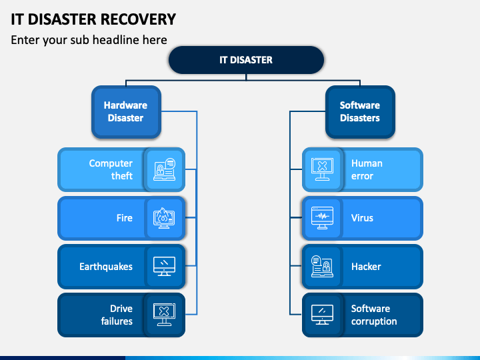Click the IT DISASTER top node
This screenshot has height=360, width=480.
pos(246,60)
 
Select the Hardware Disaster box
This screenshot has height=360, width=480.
pos(126,112)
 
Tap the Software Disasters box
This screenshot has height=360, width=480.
pos(360,112)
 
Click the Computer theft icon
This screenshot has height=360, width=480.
pos(165,169)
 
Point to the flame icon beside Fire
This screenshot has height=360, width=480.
pos(164,218)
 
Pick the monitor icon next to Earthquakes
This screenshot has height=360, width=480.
pos(165,266)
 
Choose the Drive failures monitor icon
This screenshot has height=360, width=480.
pos(165,315)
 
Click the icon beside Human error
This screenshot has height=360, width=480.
pos(323,169)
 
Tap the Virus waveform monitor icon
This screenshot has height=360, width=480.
pos(323,218)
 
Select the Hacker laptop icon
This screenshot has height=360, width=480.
pos(323,266)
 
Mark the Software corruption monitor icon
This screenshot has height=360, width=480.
pos(323,315)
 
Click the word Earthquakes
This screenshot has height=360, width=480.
pos(106,267)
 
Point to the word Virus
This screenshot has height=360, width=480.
pos(362,218)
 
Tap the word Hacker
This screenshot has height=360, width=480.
pos(366,267)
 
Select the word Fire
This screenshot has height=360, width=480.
pos(125,218)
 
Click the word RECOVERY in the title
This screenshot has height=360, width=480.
pos(139,19)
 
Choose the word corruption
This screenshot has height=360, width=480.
pos(374,321)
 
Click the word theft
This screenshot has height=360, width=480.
pos(122,176)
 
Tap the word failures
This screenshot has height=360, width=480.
pos(117,321)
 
